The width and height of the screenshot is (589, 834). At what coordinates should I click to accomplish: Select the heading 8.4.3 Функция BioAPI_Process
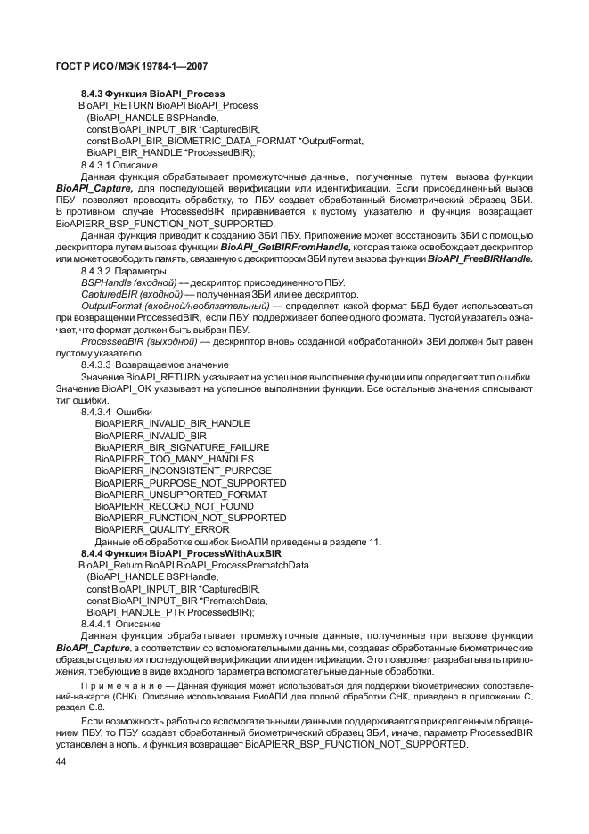pos(152,94)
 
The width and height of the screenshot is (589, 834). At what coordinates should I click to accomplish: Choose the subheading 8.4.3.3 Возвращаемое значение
pos(142,364)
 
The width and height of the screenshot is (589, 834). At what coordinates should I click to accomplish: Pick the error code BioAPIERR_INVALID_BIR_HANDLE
pos(172,423)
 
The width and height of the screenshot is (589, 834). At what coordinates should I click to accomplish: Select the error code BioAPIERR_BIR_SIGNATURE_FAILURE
pos(182,447)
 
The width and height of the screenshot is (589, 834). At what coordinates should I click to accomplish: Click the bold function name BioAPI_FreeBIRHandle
pos(479,258)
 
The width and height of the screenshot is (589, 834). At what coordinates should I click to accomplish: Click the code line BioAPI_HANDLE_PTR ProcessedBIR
pos(170,612)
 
